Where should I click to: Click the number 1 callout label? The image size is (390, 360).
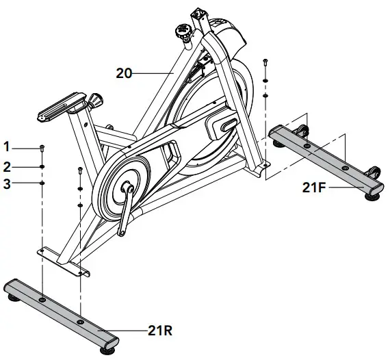(x=7, y=146)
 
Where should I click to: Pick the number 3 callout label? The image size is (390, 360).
(x=7, y=183)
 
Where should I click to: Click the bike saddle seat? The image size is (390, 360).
(x=60, y=110)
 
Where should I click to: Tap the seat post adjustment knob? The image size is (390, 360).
(x=96, y=101)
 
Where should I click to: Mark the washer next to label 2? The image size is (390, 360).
(x=42, y=165)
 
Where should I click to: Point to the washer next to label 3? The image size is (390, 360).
(x=42, y=183)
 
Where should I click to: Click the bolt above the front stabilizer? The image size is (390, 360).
(x=265, y=65)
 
